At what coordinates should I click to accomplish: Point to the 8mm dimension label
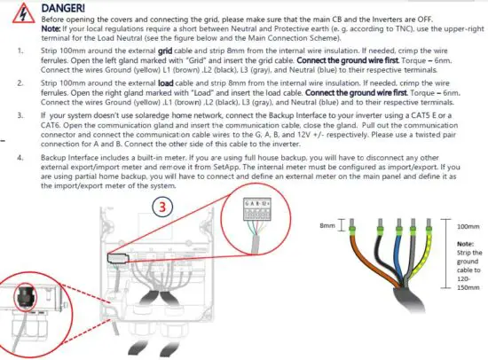coord(327,225)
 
